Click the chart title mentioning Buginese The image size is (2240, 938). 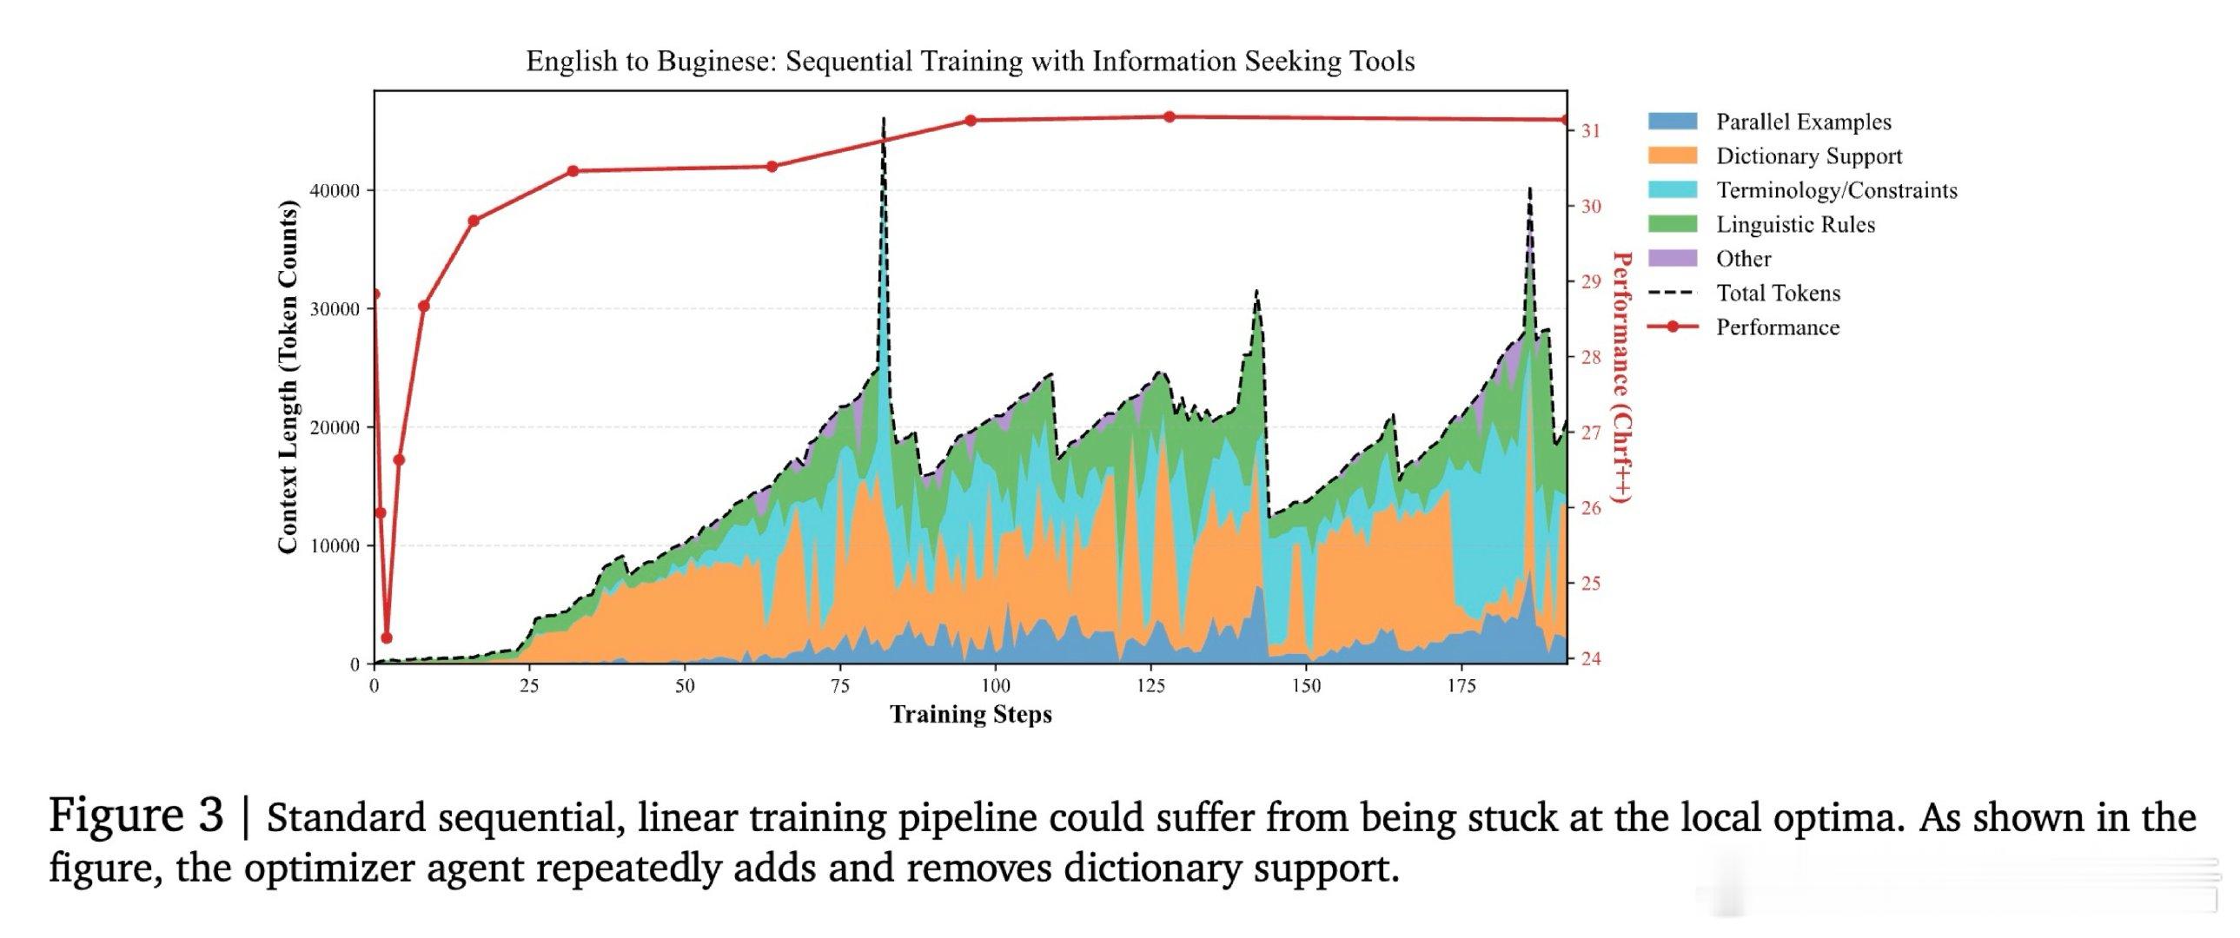point(971,62)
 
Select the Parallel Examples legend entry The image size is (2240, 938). point(1770,122)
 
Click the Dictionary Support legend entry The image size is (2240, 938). point(1775,155)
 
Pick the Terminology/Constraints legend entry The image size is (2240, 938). point(1803,190)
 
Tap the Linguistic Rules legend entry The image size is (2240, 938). point(1762,224)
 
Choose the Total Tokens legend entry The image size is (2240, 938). point(1745,293)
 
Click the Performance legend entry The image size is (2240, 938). point(1744,327)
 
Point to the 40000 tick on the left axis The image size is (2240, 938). point(335,191)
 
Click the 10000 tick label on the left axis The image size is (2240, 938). point(335,546)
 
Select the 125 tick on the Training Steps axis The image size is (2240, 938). point(1150,686)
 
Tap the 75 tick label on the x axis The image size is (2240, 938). point(840,686)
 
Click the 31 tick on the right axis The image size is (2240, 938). point(1590,131)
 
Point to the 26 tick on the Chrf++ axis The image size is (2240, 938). point(1590,509)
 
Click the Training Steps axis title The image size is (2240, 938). point(971,715)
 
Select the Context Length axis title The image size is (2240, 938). point(288,376)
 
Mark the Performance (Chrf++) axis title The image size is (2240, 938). point(1621,376)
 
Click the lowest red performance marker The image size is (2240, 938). point(387,638)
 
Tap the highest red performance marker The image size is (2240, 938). point(1170,116)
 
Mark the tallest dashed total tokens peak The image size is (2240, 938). point(884,118)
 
